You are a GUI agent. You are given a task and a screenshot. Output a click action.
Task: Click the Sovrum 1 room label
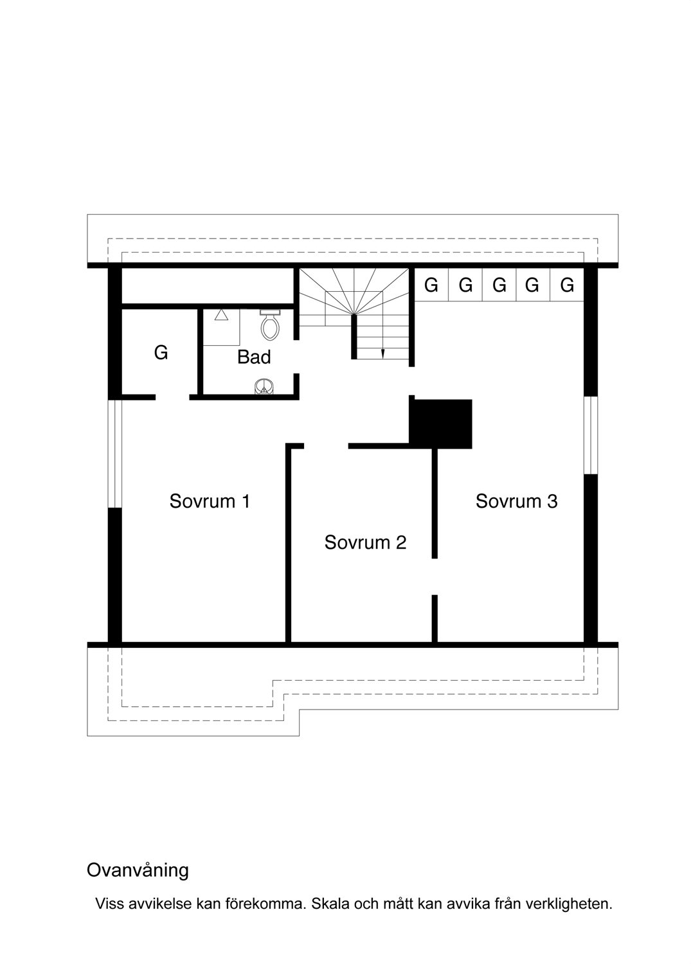click(x=210, y=501)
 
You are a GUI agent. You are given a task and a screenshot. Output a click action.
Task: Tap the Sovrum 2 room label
click(x=365, y=542)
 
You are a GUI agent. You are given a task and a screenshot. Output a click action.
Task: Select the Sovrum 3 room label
click(x=516, y=501)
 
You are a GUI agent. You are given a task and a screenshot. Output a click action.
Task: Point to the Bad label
click(x=254, y=357)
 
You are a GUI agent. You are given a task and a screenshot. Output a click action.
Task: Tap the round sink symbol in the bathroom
click(x=264, y=386)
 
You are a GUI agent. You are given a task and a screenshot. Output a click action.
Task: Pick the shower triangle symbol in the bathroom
click(x=221, y=315)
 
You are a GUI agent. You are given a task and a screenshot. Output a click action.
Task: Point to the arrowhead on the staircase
click(x=382, y=353)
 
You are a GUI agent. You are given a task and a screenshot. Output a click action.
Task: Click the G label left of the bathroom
click(x=161, y=353)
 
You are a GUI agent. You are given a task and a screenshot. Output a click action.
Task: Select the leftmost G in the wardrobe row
click(x=431, y=285)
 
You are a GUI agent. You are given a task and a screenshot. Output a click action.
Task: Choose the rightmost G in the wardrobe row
click(x=567, y=285)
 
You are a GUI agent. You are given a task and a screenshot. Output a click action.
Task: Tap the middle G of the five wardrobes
click(x=499, y=285)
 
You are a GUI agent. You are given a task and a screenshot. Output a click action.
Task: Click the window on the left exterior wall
click(x=114, y=454)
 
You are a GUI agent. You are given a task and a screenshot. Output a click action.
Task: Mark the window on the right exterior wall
click(x=591, y=435)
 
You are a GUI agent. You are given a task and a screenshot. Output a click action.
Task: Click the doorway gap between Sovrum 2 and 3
click(x=435, y=576)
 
